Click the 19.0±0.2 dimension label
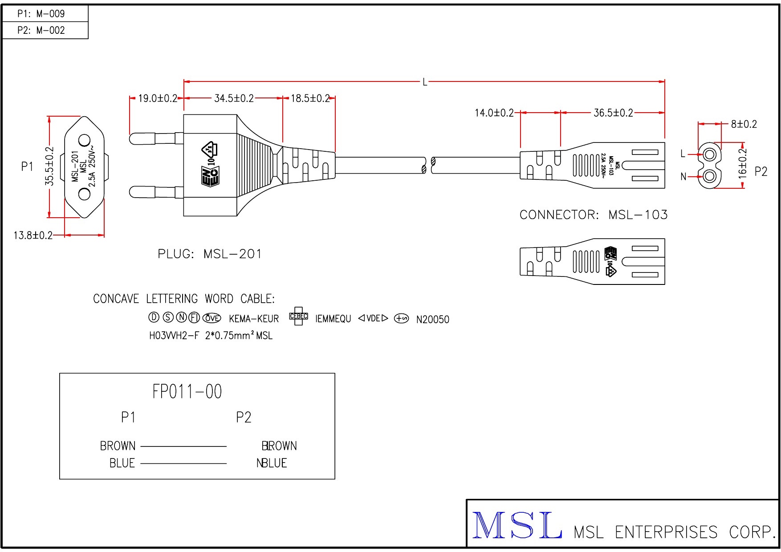click(x=158, y=98)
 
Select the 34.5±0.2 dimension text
click(x=234, y=98)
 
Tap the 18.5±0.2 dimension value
click(x=310, y=98)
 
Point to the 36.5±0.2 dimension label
click(x=613, y=113)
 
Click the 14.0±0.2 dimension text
click(x=494, y=113)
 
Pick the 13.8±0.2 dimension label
click(x=33, y=235)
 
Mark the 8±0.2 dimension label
click(x=744, y=124)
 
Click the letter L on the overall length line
click(x=425, y=82)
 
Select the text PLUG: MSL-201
click(x=210, y=254)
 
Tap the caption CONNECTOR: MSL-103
click(x=594, y=215)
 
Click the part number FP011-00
click(x=187, y=392)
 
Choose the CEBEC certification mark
click(x=298, y=317)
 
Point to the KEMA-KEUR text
click(x=254, y=319)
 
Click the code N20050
click(x=432, y=320)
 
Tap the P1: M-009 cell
click(x=41, y=14)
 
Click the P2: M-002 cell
click(x=41, y=30)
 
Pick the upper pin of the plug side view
click(x=154, y=138)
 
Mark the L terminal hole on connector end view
click(x=710, y=154)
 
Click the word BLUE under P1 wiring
click(x=122, y=463)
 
